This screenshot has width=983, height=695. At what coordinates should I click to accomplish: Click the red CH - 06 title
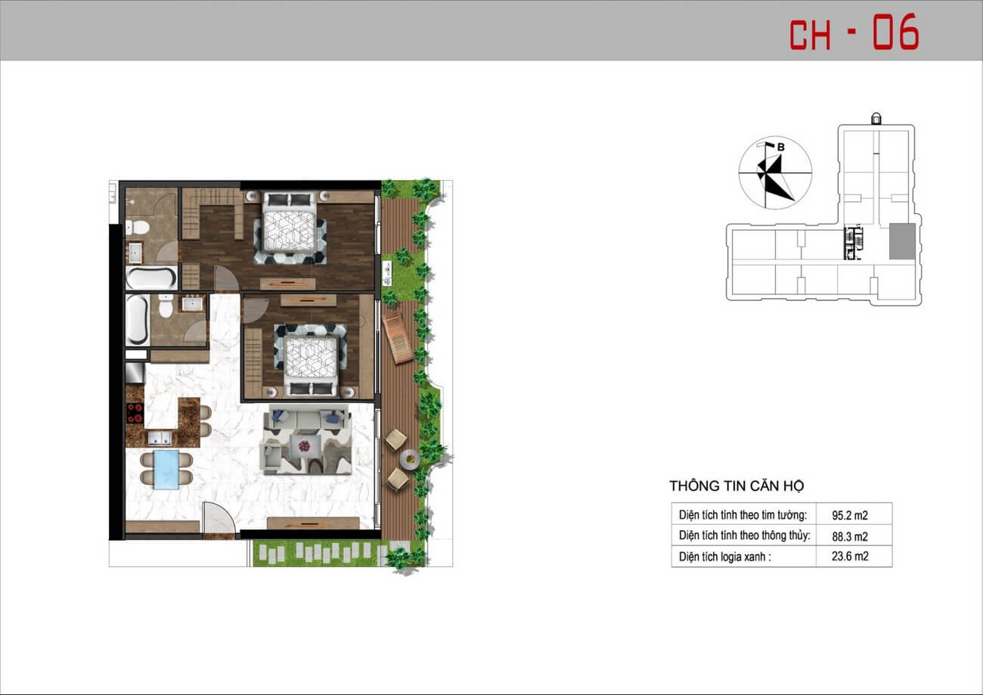tap(854, 32)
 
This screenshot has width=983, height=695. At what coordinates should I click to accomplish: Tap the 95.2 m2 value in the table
tap(850, 515)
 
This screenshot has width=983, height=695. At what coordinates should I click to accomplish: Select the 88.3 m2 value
tap(850, 536)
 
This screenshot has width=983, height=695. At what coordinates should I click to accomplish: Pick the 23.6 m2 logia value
tap(850, 557)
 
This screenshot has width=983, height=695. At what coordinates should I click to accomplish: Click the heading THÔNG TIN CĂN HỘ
tap(736, 486)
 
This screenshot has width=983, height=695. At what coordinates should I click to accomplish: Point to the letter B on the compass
tap(780, 147)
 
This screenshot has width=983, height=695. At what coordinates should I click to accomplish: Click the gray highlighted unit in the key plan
tap(902, 241)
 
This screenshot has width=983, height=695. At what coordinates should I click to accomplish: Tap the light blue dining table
tap(166, 470)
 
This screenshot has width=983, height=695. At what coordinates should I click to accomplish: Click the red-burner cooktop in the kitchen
tap(135, 413)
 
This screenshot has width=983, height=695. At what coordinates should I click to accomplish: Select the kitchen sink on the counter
tap(160, 438)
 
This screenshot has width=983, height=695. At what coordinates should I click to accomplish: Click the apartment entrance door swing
tap(219, 518)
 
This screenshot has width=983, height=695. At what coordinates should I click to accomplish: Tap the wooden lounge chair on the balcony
tap(397, 337)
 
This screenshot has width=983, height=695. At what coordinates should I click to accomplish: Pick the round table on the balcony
tap(410, 459)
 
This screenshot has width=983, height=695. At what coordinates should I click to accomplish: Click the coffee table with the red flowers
tap(304, 447)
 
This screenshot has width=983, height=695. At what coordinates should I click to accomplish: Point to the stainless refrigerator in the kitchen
tap(135, 373)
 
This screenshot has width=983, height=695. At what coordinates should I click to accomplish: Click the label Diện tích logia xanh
tap(724, 557)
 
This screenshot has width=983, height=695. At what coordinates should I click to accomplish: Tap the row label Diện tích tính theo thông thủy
tap(744, 535)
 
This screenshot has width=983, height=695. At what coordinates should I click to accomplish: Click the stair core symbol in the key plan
tap(854, 243)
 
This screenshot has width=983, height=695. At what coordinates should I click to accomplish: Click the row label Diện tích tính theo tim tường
tap(743, 515)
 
